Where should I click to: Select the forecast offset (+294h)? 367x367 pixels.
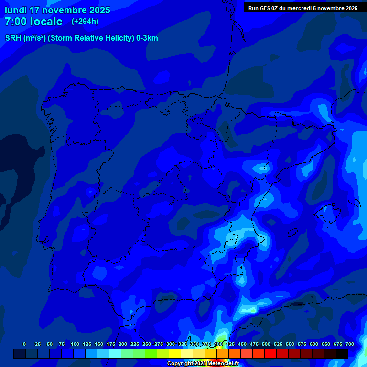click(85, 22)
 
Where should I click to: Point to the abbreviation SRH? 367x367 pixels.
click(13, 38)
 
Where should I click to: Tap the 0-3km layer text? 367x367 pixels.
click(147, 38)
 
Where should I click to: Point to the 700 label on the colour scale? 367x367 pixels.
click(349, 344)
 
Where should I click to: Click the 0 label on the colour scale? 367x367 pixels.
click(24, 344)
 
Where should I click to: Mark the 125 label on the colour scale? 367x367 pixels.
click(87, 344)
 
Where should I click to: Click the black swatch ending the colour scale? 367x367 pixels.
click(342, 354)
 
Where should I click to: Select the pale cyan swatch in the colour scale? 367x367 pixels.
click(115, 354)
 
